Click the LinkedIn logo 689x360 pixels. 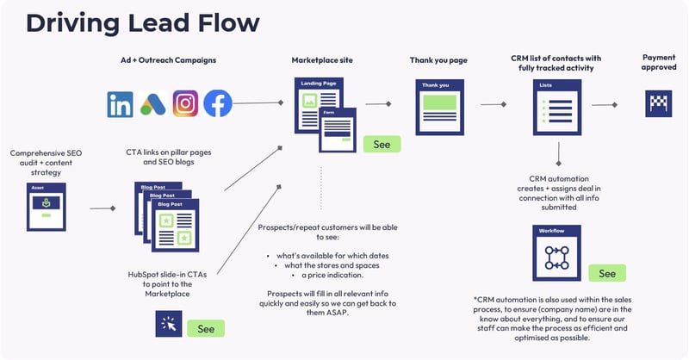[x=121, y=104]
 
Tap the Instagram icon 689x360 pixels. [x=185, y=104]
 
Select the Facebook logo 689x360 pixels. [x=218, y=104]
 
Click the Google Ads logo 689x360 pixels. [x=152, y=104]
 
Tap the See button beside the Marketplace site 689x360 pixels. [x=382, y=144]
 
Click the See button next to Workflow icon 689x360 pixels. [x=607, y=272]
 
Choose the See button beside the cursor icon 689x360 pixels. [x=206, y=328]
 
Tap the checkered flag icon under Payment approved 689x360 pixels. [x=659, y=104]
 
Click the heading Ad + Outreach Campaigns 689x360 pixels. [x=169, y=62]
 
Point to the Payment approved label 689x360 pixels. [x=659, y=63]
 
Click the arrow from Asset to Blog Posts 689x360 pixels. [x=103, y=208]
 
